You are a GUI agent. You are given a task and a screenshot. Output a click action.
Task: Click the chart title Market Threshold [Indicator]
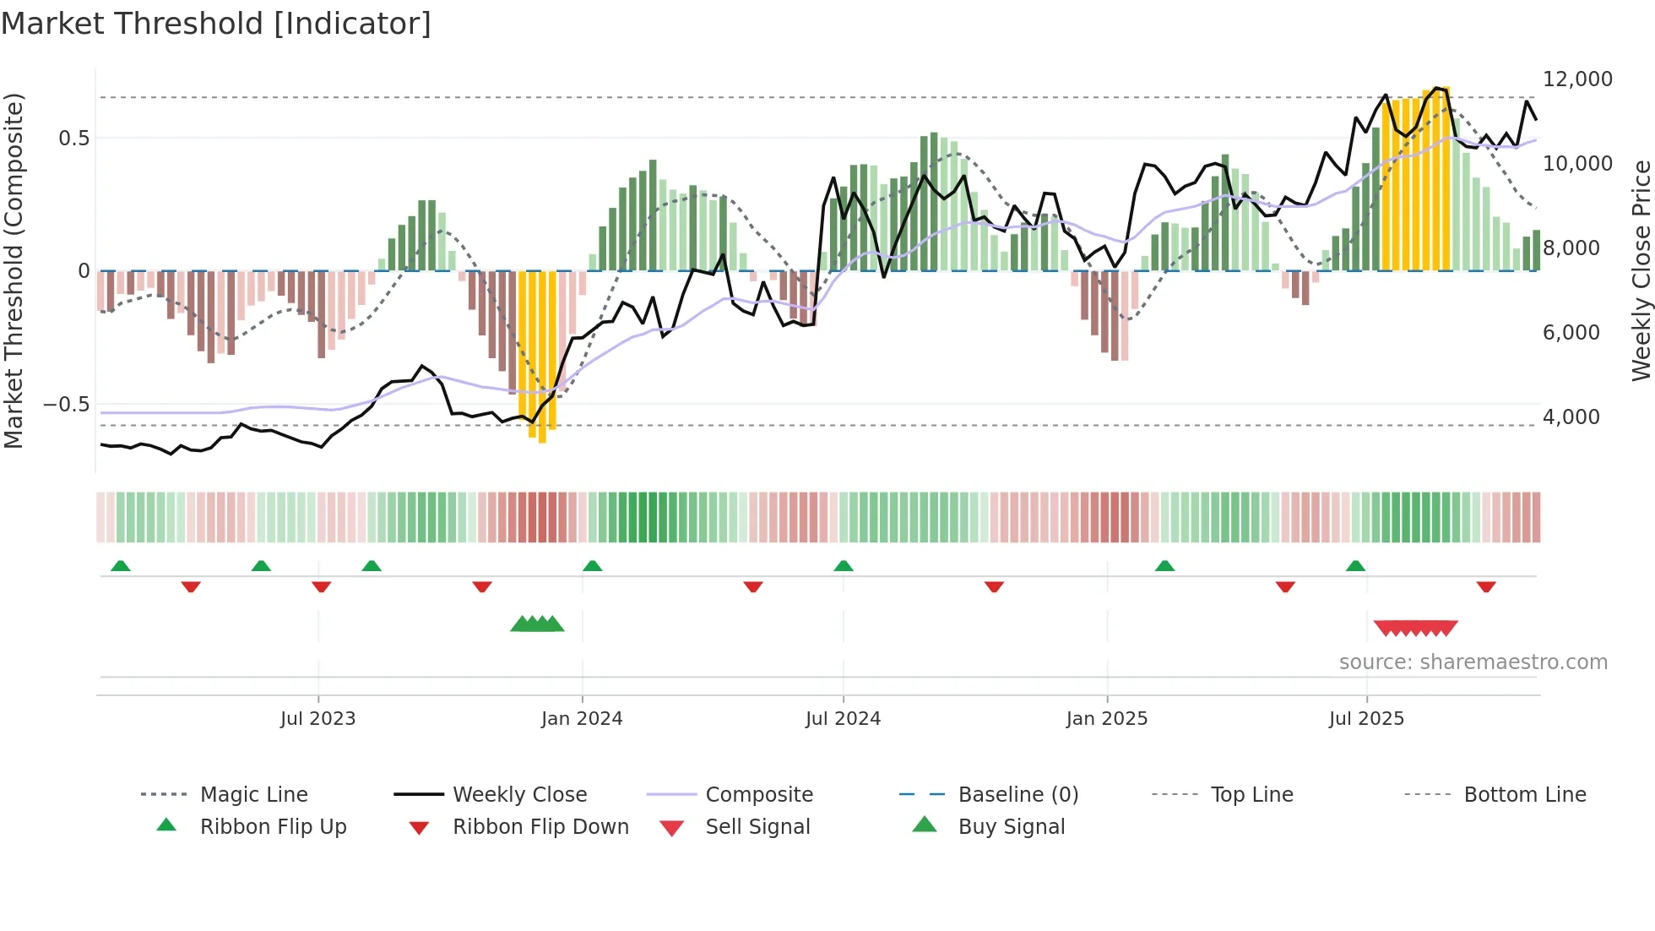pos(216,24)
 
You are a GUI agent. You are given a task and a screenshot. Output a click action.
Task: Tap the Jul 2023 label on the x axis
pos(317,719)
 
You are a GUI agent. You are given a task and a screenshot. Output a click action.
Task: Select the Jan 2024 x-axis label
pos(582,719)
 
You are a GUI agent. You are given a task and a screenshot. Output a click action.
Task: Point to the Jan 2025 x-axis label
pos(1106,719)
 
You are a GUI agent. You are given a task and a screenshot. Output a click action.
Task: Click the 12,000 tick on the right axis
pos(1577,79)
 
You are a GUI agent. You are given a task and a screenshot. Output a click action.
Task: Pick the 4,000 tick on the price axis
pos(1571,417)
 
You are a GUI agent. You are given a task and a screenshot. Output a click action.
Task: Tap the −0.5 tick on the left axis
pos(67,405)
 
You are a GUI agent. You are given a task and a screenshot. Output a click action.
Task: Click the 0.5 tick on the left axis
pos(73,139)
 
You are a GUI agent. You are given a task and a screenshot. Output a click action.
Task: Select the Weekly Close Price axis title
pos(1640,270)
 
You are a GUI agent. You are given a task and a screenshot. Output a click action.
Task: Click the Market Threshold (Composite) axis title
pos(14,270)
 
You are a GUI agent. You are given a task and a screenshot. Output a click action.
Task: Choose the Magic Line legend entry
pos(253,795)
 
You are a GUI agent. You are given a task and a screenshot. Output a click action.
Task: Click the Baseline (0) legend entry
pos(1017,795)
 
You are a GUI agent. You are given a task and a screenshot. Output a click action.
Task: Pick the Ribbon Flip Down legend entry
pos(540,827)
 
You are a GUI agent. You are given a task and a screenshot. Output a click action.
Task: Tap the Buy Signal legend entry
pos(1011,827)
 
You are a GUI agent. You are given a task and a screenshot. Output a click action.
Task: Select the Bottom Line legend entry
pos(1524,795)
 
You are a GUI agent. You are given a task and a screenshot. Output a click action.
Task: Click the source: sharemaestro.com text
pos(1473,662)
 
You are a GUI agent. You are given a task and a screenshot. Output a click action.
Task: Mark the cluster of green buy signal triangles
pos(537,624)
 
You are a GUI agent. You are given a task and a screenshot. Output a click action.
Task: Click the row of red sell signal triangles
pos(1415,628)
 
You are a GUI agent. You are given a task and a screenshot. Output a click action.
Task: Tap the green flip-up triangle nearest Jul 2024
pos(843,566)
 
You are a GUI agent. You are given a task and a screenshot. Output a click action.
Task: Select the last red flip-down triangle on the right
pos(1486,586)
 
